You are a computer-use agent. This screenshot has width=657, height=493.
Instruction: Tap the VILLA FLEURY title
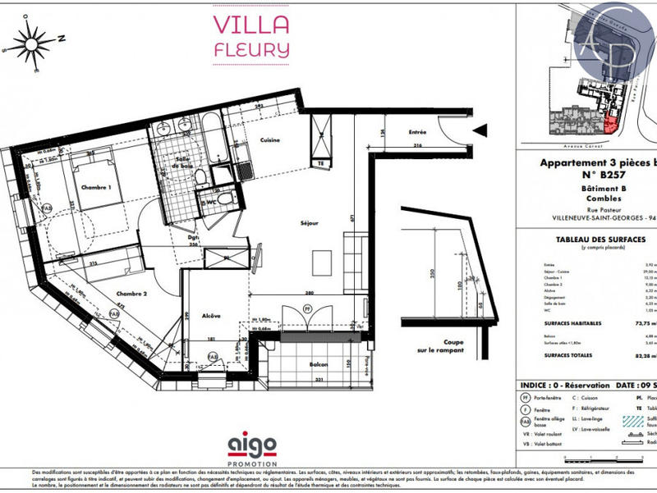250,35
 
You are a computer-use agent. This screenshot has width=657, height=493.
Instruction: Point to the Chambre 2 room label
131,294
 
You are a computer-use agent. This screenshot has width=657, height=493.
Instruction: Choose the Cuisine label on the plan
270,140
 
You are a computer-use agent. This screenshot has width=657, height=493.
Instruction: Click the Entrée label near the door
418,132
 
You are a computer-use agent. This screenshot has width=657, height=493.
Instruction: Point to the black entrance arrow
481,128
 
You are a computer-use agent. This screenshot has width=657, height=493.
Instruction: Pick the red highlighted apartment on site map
610,123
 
